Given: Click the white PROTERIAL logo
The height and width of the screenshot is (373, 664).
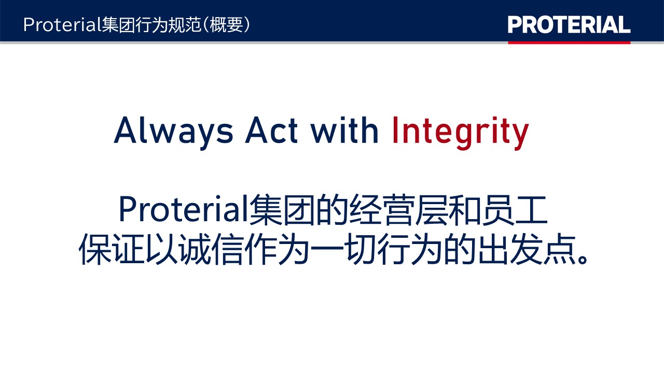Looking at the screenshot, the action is click(569, 24).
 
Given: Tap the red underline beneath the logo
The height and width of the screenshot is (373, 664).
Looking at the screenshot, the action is click(569, 42).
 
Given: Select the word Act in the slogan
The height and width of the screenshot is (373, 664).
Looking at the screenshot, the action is click(271, 131).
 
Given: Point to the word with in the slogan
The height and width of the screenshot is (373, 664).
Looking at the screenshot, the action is click(344, 130).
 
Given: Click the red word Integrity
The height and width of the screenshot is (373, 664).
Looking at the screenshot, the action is click(461, 133).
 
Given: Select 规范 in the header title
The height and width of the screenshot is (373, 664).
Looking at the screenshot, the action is click(185, 24).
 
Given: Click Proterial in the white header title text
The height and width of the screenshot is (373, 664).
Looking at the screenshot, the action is click(62, 24).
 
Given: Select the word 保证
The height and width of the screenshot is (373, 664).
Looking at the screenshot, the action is click(112, 249).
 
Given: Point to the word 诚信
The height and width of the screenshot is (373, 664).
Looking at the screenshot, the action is click(211, 249).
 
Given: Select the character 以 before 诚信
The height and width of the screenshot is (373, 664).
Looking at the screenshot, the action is click(161, 249).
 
